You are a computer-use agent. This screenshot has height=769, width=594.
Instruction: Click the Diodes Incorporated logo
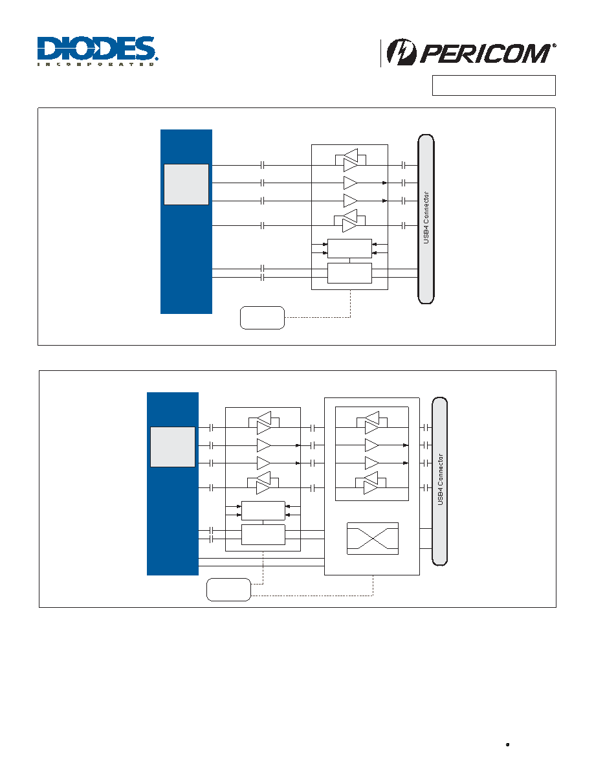tap(97, 51)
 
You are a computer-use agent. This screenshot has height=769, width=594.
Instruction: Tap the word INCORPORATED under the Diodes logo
tap(96, 64)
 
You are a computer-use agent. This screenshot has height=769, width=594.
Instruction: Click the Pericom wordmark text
tap(486, 54)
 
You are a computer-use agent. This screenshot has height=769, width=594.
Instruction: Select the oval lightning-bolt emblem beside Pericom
tap(401, 52)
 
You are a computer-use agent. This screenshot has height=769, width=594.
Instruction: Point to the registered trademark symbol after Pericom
tap(555, 45)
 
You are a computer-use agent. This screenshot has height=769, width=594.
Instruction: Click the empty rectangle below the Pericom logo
tap(494, 85)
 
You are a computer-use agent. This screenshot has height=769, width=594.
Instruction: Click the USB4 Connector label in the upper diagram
tap(426, 217)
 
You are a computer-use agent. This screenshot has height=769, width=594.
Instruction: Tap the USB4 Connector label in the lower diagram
tap(440, 480)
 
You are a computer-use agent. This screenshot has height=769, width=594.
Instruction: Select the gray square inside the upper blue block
tap(186, 184)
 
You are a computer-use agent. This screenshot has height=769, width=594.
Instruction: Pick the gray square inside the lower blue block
tap(173, 447)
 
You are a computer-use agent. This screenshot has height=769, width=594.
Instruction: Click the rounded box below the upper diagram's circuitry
tap(262, 318)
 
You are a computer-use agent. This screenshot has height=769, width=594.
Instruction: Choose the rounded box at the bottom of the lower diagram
tap(229, 590)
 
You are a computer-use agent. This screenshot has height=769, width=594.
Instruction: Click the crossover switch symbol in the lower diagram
tap(373, 539)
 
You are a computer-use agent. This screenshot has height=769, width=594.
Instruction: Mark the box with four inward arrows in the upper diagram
tap(349, 249)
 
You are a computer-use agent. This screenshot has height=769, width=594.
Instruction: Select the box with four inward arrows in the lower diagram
tap(263, 511)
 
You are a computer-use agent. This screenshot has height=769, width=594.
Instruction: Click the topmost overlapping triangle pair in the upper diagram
tap(351, 160)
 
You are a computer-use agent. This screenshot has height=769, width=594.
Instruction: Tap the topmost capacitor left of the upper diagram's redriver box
tap(262, 165)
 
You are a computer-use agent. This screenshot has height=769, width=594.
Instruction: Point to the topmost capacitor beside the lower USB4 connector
tap(426, 428)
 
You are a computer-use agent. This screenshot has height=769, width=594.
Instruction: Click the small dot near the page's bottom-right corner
tap(508, 744)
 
